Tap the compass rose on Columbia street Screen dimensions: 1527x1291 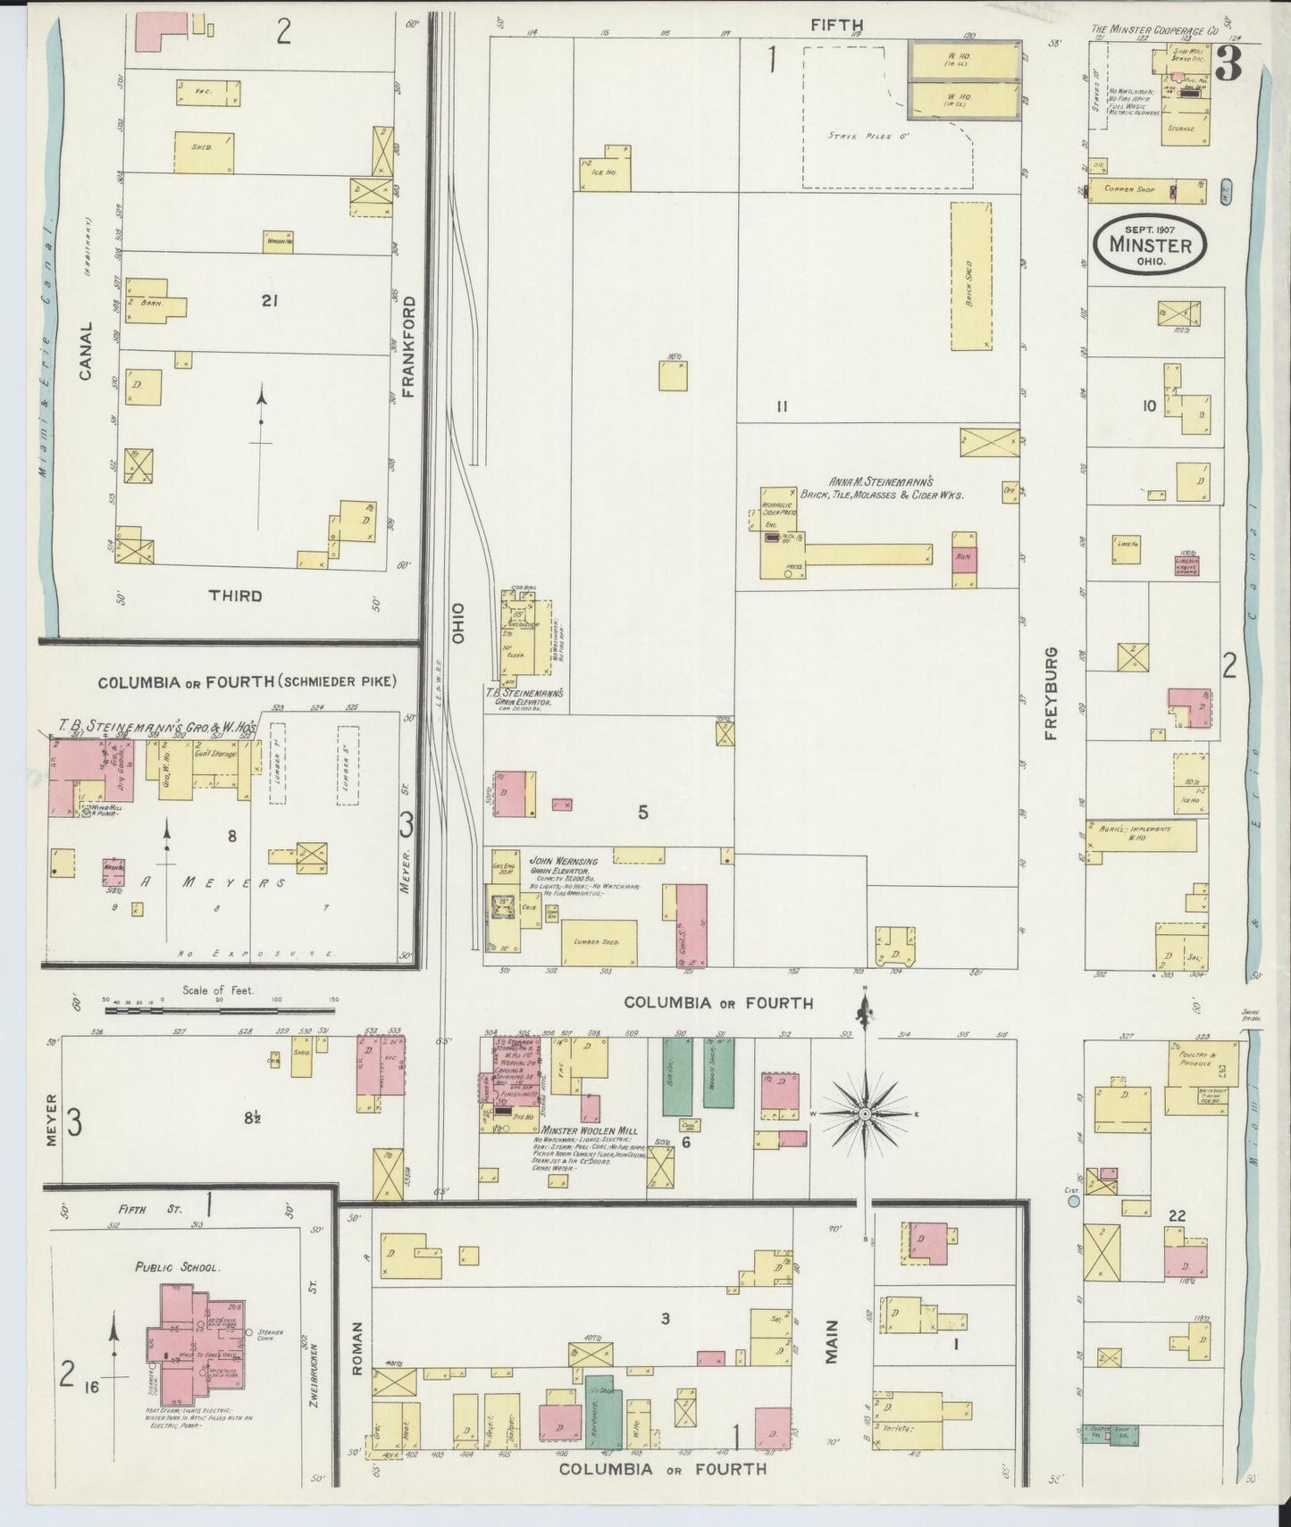click(x=865, y=1115)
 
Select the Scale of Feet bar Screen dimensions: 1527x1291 click(x=219, y=1011)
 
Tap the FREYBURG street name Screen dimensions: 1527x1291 click(x=1051, y=693)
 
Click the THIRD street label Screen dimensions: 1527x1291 click(x=235, y=596)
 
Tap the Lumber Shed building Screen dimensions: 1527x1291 click(x=599, y=942)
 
